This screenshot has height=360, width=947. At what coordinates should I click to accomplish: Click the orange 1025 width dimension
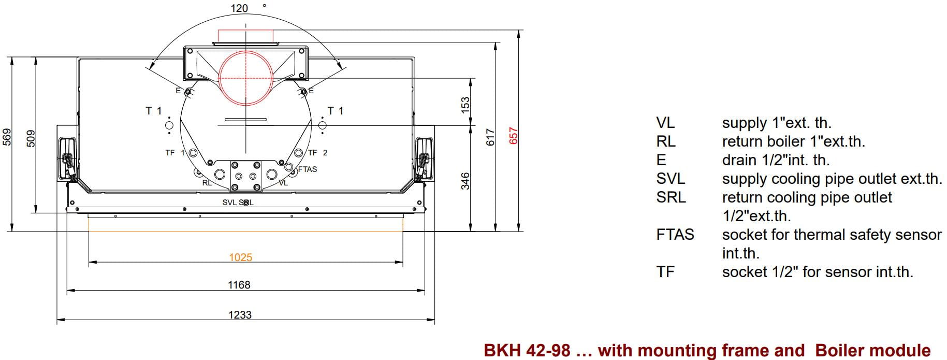(x=240, y=257)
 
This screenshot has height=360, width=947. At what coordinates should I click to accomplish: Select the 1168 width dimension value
(x=239, y=285)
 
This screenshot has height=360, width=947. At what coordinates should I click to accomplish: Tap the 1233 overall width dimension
(x=240, y=315)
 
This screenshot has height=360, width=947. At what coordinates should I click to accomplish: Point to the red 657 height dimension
(x=513, y=136)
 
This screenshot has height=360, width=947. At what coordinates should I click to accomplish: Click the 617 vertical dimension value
(x=491, y=137)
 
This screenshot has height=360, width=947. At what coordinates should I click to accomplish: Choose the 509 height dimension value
(x=31, y=138)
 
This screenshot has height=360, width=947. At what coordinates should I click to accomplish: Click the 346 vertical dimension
(x=465, y=181)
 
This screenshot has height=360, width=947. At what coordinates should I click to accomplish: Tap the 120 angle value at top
(x=239, y=8)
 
